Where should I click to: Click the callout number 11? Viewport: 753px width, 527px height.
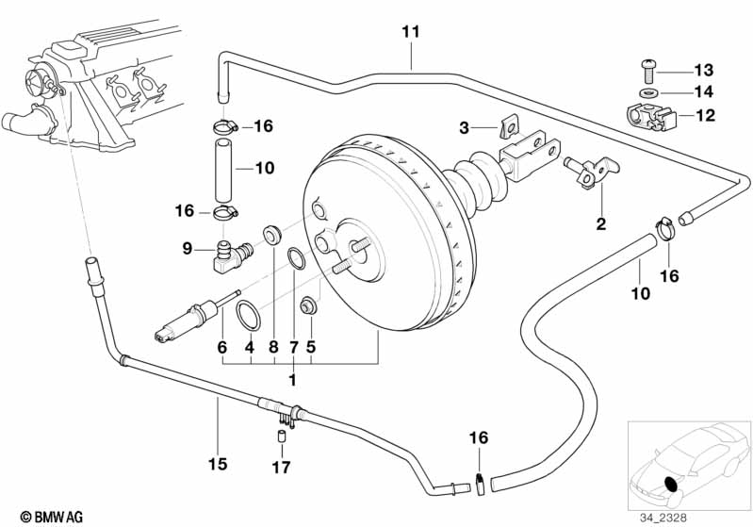pyautogui.click(x=409, y=33)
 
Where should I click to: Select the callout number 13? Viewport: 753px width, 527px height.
pyautogui.click(x=704, y=71)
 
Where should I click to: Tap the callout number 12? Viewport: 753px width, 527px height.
pyautogui.click(x=704, y=116)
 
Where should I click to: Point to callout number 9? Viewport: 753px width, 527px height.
pyautogui.click(x=187, y=249)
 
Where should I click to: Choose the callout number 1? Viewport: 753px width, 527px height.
pyautogui.click(x=293, y=380)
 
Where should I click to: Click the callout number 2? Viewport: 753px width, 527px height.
pyautogui.click(x=599, y=224)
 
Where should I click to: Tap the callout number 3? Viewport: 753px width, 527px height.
pyautogui.click(x=464, y=127)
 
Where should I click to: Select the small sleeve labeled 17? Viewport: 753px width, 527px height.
pyautogui.click(x=280, y=436)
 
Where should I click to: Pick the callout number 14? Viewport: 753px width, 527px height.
pyautogui.click(x=704, y=93)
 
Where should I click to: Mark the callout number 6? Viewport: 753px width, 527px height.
pyautogui.click(x=222, y=347)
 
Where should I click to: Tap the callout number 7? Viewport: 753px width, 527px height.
pyautogui.click(x=293, y=347)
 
